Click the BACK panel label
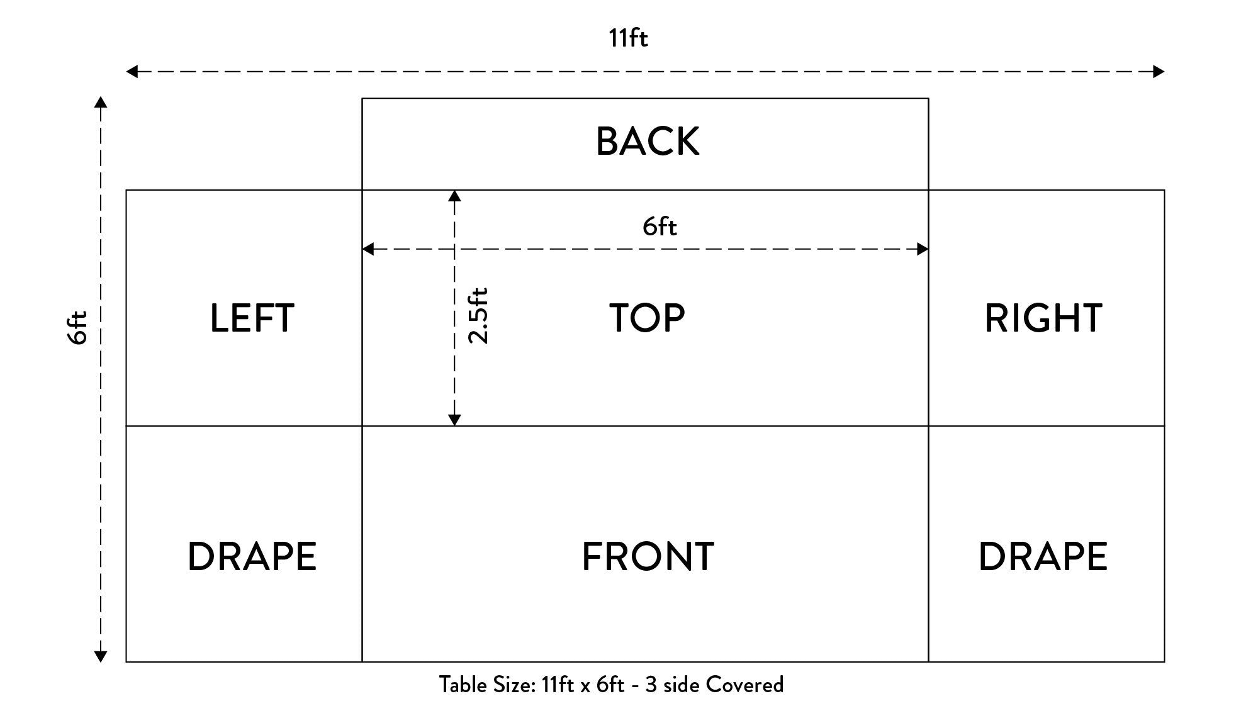pos(648,142)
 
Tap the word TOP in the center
pos(647,318)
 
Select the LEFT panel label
pos(252,318)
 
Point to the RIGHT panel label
pos(1043,318)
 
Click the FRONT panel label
pos(648,557)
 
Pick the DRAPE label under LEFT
pos(252,557)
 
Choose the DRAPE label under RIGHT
pos(1043,557)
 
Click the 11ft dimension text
pos(628,38)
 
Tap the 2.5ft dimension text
pos(478,315)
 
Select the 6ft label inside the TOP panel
pos(660,227)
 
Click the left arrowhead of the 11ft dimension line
pos(132,72)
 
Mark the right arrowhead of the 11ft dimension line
pos(1159,72)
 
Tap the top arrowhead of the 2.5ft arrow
pos(454,196)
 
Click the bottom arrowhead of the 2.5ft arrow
pos(454,420)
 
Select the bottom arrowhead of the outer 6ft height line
pos(101,656)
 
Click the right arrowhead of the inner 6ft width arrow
pos(923,249)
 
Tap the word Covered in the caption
pos(744,685)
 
